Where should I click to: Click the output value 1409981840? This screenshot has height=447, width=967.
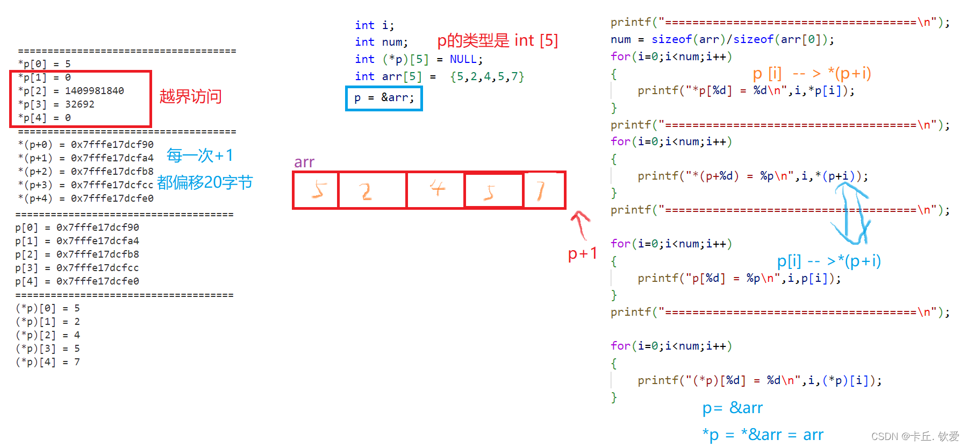point(95,91)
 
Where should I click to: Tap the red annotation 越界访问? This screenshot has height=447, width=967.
point(190,97)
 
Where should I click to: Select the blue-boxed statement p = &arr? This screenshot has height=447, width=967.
point(384,98)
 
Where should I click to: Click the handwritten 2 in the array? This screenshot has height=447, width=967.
point(366,191)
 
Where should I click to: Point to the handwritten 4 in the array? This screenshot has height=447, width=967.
point(438,188)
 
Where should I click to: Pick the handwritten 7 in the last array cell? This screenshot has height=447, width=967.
point(541,190)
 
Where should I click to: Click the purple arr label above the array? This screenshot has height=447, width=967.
point(304,162)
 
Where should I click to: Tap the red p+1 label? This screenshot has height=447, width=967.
point(582,253)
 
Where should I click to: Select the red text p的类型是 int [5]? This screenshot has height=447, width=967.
point(497,40)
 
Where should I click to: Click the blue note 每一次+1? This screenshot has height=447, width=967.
point(199,155)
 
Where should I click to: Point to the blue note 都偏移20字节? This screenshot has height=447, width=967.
point(205,183)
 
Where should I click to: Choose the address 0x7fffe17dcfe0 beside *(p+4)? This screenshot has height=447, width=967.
point(112,198)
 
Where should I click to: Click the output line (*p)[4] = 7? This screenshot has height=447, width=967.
point(48,362)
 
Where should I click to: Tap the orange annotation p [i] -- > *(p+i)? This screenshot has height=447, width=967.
point(812,73)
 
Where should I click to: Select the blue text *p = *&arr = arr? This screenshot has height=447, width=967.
point(762,435)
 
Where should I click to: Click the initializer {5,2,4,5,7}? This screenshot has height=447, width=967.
point(487,76)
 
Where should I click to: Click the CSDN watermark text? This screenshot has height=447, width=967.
point(915,436)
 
